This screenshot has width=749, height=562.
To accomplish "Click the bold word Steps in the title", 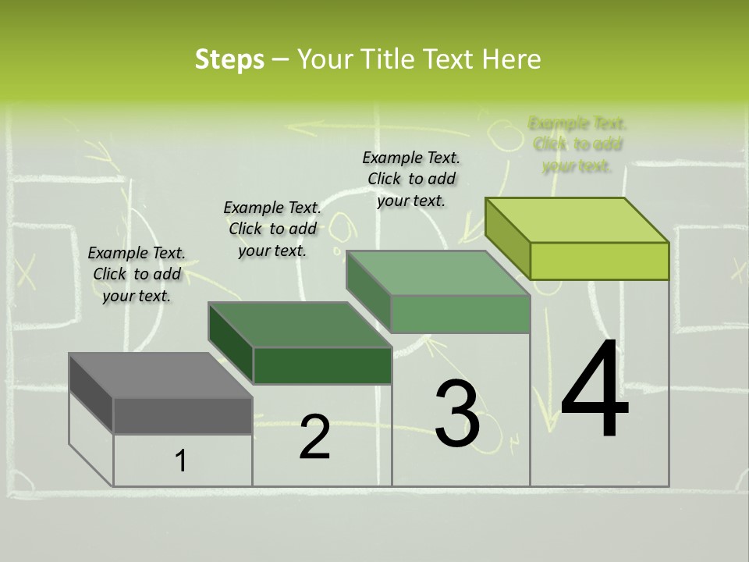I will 229,59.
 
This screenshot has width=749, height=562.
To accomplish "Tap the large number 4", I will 595,390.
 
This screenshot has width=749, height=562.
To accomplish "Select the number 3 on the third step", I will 457,414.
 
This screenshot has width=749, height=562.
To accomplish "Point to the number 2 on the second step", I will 315,437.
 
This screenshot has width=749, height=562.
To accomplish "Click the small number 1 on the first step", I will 181,461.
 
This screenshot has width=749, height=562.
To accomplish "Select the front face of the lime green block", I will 599,261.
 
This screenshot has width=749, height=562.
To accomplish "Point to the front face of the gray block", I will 183,415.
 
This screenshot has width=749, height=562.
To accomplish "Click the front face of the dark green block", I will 322,365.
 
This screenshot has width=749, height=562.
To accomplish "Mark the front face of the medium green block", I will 460,315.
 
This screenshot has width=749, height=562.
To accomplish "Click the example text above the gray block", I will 137,274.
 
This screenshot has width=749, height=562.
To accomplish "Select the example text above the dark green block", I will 272,229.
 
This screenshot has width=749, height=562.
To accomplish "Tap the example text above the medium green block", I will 411,179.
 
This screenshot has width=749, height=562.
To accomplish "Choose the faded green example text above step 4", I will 577,144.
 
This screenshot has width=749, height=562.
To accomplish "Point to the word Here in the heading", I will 512,59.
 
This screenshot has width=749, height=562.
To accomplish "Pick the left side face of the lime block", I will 507,238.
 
